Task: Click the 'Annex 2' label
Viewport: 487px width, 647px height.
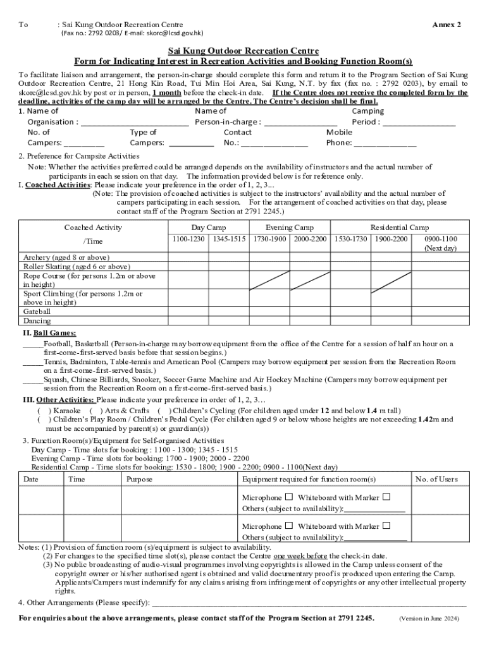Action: coord(446,25)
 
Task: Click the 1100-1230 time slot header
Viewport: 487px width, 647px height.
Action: coord(188,239)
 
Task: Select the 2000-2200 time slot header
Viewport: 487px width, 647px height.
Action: coord(310,239)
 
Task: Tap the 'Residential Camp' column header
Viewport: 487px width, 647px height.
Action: coord(399,227)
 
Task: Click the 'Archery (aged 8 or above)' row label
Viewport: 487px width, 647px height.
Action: coord(66,258)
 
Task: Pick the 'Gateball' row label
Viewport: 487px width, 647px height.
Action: coord(37,312)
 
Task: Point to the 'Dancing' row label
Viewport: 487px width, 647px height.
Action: coord(37,321)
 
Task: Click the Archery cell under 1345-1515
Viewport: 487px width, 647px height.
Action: coord(229,258)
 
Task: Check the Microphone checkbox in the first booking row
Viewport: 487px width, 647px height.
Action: coord(288,497)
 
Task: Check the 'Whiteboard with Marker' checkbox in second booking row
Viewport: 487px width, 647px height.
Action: coord(386,526)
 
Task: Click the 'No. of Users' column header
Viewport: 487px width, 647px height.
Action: coord(436,480)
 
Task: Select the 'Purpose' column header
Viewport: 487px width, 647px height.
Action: coord(139,480)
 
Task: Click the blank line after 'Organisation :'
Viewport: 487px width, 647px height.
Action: coord(135,122)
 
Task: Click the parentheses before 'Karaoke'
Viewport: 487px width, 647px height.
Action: coord(44,411)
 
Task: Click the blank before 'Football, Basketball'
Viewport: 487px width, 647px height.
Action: coord(32,344)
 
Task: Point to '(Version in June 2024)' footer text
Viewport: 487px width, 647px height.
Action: coord(429,618)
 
